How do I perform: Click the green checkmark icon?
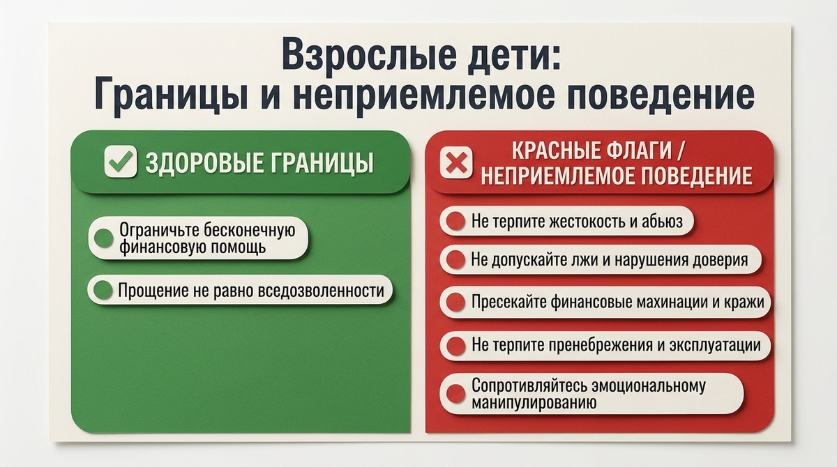(x=119, y=162)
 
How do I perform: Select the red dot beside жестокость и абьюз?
(x=455, y=222)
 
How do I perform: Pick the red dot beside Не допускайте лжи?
(x=455, y=260)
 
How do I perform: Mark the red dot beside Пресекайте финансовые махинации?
(x=455, y=303)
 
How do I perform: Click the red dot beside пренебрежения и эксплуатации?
(x=455, y=346)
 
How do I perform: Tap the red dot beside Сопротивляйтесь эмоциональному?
(x=455, y=394)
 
